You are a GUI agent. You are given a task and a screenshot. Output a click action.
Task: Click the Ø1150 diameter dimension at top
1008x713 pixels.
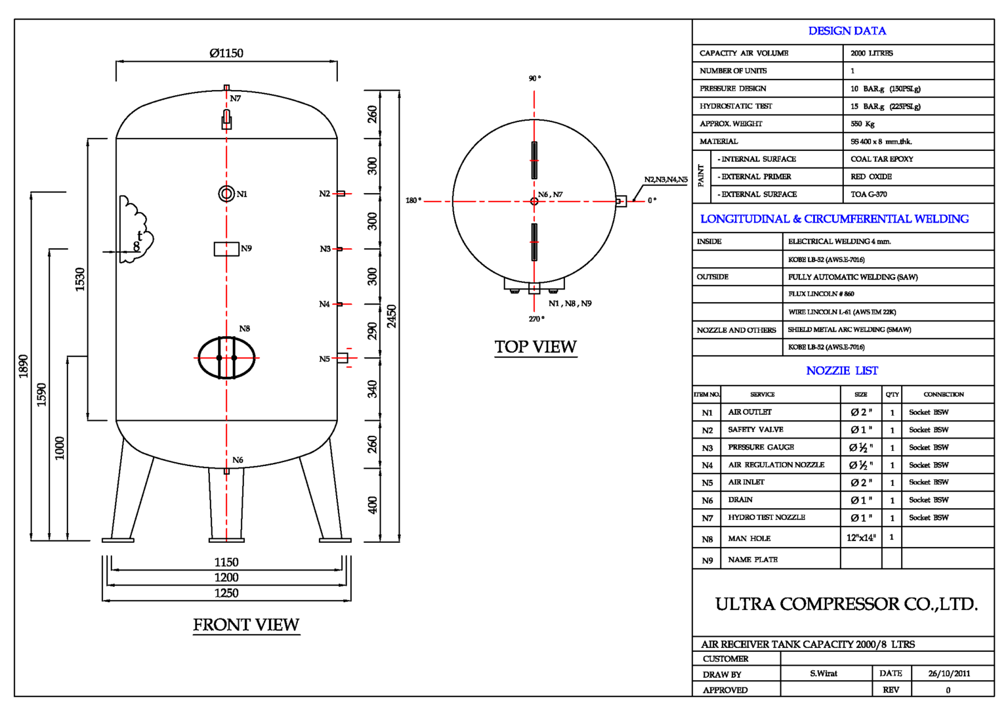pyautogui.click(x=226, y=53)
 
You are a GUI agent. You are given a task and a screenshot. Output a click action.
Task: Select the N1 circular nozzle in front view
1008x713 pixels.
pyautogui.click(x=226, y=194)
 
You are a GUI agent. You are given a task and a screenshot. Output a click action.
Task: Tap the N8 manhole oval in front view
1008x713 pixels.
pyautogui.click(x=226, y=358)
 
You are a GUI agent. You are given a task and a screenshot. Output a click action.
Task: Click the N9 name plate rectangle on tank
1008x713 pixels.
pyautogui.click(x=226, y=249)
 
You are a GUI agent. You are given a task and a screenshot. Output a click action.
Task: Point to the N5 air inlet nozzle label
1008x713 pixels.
pyautogui.click(x=325, y=359)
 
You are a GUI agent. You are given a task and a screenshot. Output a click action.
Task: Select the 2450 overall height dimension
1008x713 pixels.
pyautogui.click(x=392, y=316)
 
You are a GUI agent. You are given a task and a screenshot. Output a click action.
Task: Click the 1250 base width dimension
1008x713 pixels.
pyautogui.click(x=226, y=593)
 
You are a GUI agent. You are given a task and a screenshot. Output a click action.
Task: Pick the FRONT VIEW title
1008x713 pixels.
pyautogui.click(x=246, y=625)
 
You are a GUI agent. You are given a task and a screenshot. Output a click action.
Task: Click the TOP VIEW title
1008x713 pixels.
pyautogui.click(x=535, y=347)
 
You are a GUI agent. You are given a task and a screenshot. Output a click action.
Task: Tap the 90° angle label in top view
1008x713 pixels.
pyautogui.click(x=535, y=78)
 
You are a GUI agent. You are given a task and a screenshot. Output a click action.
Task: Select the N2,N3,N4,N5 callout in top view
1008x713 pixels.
pyautogui.click(x=665, y=180)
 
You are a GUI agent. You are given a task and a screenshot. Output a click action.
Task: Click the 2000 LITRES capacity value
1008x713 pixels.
pyautogui.click(x=871, y=53)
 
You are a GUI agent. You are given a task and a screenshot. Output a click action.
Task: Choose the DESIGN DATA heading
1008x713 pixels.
pyautogui.click(x=847, y=31)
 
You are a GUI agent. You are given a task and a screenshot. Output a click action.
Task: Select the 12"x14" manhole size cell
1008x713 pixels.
pyautogui.click(x=861, y=538)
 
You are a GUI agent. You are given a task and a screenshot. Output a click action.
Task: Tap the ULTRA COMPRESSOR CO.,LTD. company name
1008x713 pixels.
pyautogui.click(x=846, y=604)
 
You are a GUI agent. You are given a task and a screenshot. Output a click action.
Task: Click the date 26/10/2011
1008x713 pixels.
pyautogui.click(x=949, y=674)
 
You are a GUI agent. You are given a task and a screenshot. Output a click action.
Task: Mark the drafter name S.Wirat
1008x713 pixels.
pyautogui.click(x=823, y=674)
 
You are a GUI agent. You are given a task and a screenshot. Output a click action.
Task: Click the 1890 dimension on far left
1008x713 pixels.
pyautogui.click(x=24, y=366)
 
